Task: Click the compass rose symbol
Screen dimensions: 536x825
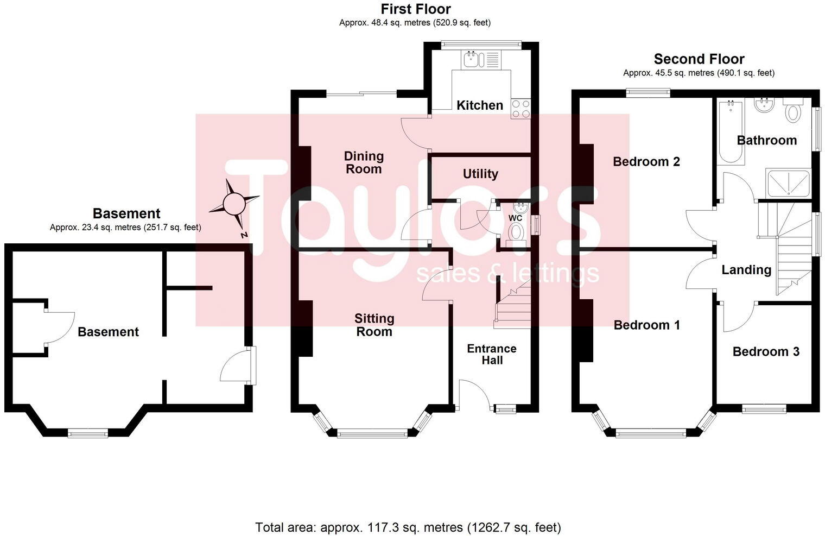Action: [234, 204]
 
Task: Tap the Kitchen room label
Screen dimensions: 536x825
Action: [479, 105]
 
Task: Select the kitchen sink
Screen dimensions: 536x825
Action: [472, 59]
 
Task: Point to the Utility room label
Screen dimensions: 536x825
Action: [480, 174]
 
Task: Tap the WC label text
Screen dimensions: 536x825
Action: [515, 218]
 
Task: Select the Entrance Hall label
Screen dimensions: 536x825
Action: [492, 354]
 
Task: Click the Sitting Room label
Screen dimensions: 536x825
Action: [374, 325]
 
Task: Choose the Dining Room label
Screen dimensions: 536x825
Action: [364, 162]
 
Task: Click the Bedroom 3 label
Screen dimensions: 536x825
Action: [765, 351]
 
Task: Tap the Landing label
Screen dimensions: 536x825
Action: [746, 270]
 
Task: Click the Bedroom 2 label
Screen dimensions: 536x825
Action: [646, 161]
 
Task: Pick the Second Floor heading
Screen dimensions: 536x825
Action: [699, 59]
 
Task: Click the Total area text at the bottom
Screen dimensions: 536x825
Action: [408, 527]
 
